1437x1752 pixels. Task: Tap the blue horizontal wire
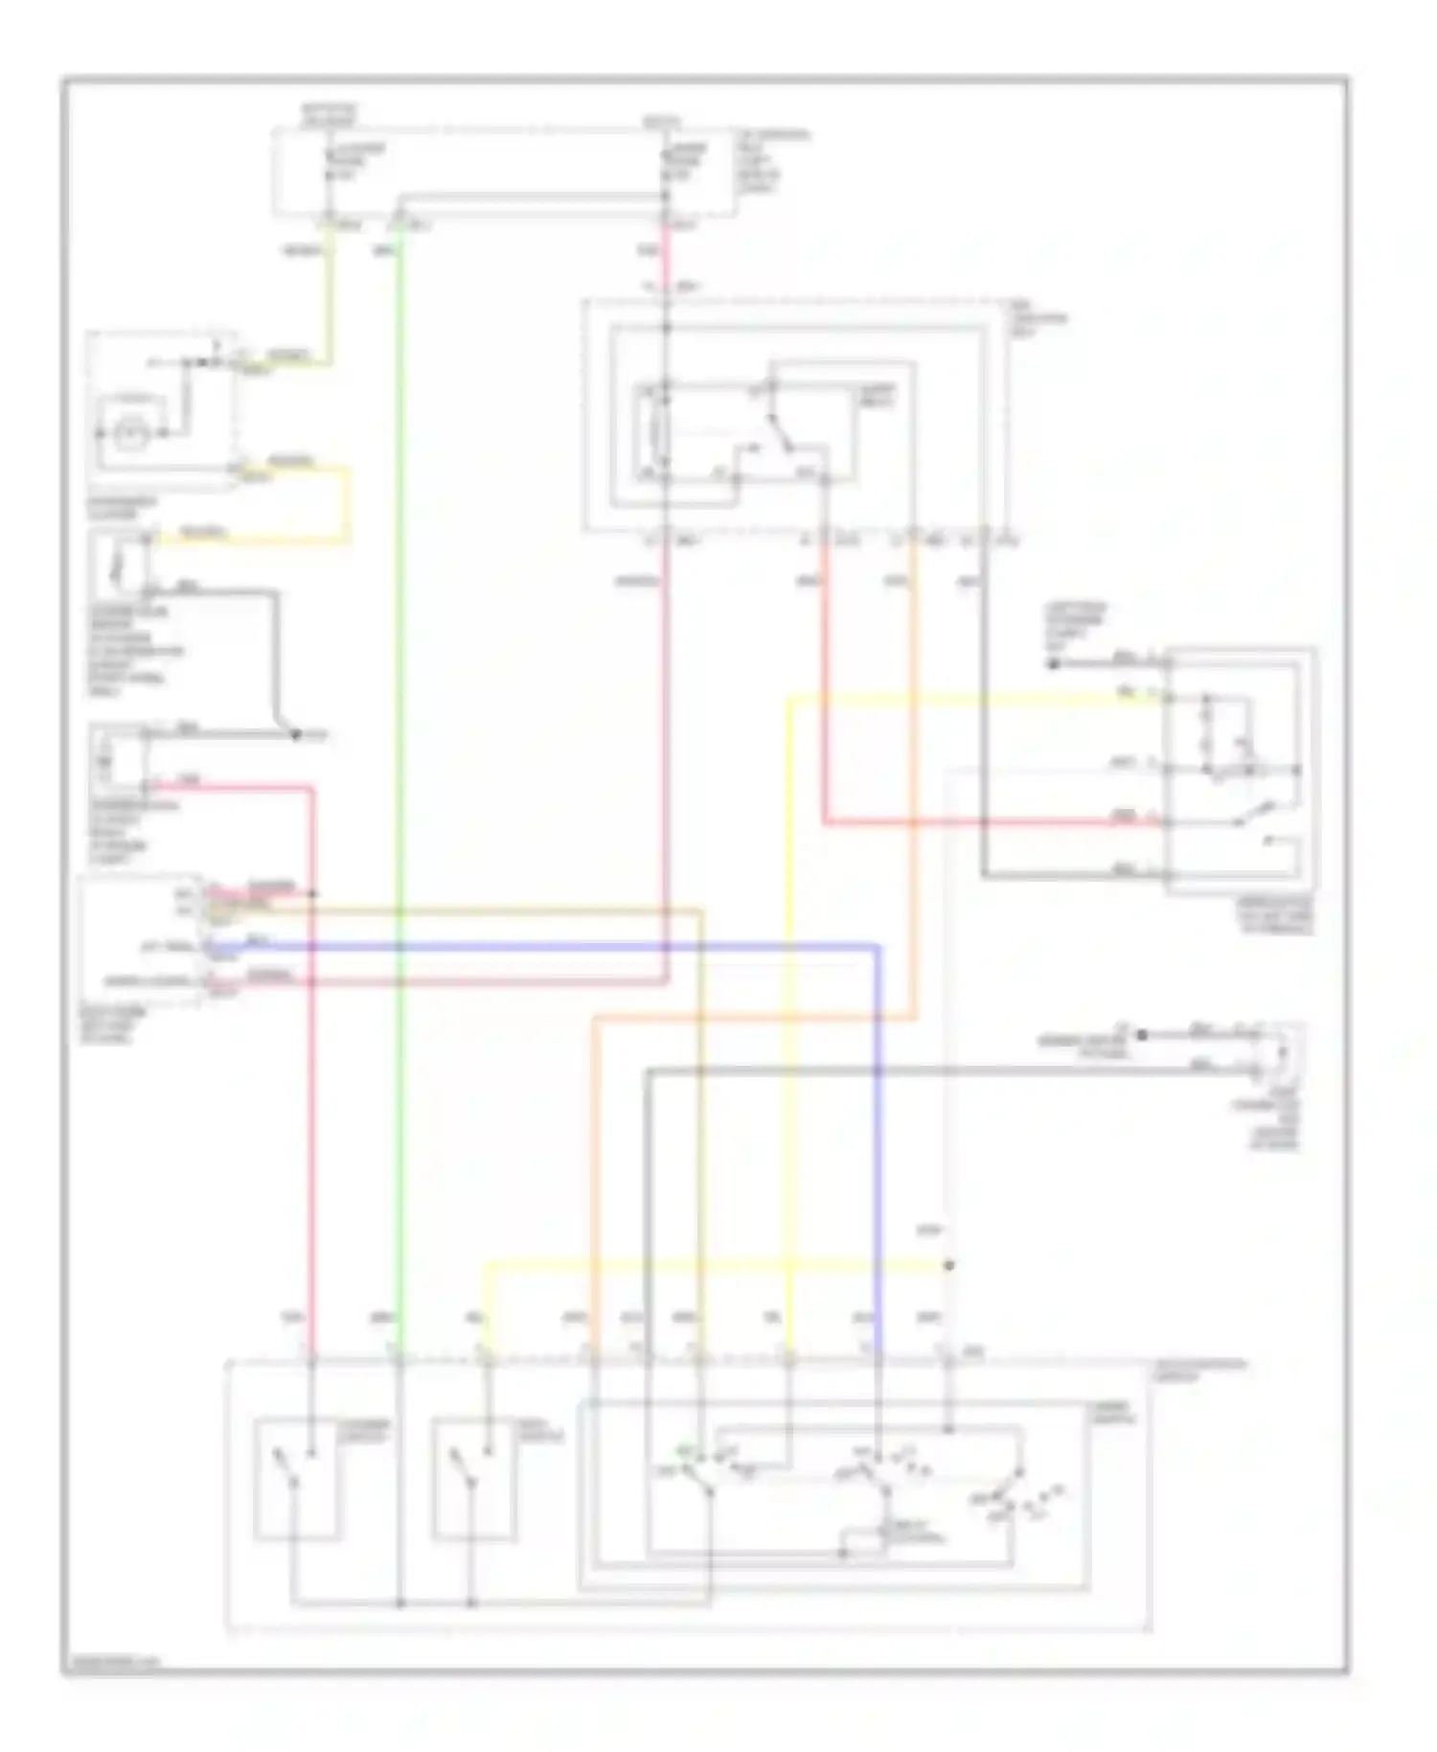coord(575,947)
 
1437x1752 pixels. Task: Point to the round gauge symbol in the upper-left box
coord(126,433)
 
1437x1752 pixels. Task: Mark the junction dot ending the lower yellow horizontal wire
coord(948,1266)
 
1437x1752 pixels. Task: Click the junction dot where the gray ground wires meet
coord(296,735)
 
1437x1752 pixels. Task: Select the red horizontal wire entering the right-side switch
coord(977,821)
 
